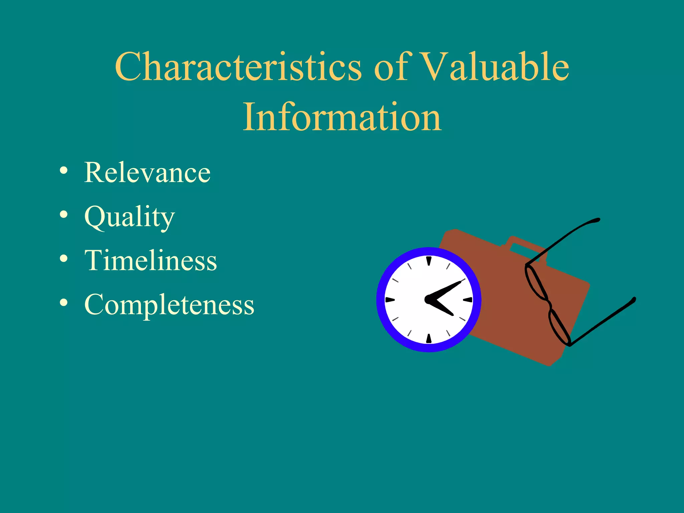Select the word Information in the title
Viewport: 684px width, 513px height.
tap(342, 117)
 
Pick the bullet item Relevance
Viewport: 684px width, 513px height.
tap(147, 172)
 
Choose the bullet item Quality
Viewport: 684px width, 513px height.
tap(130, 217)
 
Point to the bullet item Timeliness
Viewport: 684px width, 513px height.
tap(151, 261)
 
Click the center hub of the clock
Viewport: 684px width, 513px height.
tap(429, 300)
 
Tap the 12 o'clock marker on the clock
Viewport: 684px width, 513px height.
tap(429, 261)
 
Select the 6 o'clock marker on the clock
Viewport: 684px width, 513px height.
tap(429, 338)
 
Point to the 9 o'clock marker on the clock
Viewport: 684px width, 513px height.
tap(390, 300)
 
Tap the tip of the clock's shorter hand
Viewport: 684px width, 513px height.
tap(452, 315)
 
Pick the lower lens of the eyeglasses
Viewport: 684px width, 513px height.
tap(559, 327)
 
